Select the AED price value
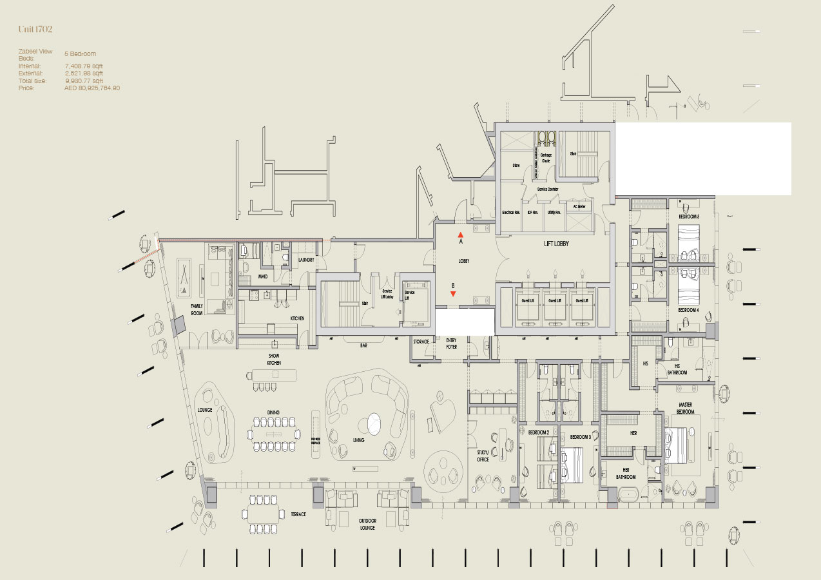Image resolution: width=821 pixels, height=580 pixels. [x=92, y=88]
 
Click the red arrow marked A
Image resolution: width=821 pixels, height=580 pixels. [x=460, y=235]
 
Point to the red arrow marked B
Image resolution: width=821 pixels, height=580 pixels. [x=453, y=293]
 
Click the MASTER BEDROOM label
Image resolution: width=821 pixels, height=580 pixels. [x=685, y=408]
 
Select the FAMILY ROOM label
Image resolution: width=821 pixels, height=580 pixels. [x=197, y=310]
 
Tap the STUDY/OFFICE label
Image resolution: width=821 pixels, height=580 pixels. [x=483, y=456]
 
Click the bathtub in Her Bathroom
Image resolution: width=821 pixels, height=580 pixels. [x=628, y=496]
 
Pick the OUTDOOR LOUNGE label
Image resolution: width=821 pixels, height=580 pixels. [x=367, y=523]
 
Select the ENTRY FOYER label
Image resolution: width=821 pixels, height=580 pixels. [x=451, y=344]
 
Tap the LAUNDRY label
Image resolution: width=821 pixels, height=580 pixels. [x=306, y=260]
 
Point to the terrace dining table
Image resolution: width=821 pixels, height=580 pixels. [x=263, y=514]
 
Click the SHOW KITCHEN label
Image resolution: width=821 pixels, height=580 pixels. [x=275, y=359]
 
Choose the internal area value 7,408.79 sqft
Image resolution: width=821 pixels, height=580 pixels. [x=84, y=66]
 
